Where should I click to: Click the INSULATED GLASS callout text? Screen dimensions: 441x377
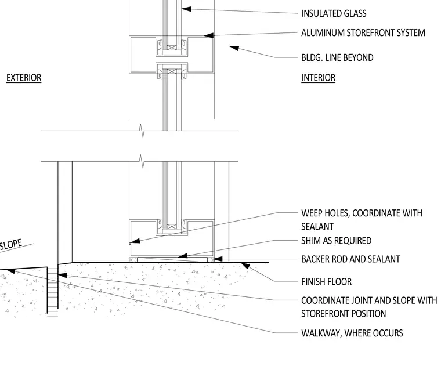click(x=334, y=13)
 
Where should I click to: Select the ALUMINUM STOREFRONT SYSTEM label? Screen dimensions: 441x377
click(x=363, y=33)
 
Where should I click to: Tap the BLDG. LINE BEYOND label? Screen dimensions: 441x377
click(x=337, y=57)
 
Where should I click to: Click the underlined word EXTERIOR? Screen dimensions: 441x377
click(x=24, y=78)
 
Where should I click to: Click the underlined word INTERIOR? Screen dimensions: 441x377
click(x=318, y=78)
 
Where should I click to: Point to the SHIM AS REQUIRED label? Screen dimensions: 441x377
click(x=337, y=241)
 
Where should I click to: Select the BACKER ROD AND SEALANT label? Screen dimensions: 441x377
click(x=350, y=259)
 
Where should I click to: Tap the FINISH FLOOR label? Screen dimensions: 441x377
click(x=326, y=282)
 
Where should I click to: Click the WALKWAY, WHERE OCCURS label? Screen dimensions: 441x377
click(x=352, y=333)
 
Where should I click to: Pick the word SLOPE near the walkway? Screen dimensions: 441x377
click(x=10, y=244)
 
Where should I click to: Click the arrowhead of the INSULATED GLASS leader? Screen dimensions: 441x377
click(x=186, y=9)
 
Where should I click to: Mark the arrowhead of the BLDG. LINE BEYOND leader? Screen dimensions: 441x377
click(x=234, y=48)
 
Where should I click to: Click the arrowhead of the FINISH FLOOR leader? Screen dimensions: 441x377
click(x=245, y=266)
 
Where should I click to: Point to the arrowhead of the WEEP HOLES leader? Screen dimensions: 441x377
click(x=135, y=241)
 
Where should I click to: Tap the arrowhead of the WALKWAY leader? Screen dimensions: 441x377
click(x=10, y=271)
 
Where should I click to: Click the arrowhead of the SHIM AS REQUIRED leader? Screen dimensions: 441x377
click(x=183, y=256)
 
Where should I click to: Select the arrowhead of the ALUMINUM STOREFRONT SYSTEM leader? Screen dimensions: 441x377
click(x=208, y=35)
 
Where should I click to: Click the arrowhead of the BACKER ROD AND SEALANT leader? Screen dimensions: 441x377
click(x=217, y=259)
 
